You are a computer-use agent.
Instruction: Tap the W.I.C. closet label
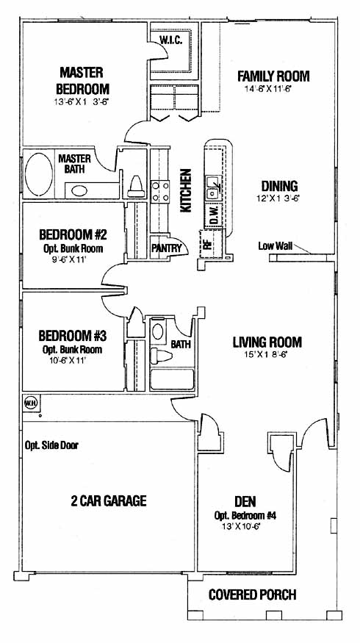click(171, 40)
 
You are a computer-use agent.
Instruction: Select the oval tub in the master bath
click(39, 174)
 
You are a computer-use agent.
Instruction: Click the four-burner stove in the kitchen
click(160, 192)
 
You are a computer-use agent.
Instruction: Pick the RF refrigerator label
click(207, 243)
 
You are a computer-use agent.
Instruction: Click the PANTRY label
click(167, 248)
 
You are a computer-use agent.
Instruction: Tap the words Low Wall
click(275, 246)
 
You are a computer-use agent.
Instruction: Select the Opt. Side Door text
click(51, 445)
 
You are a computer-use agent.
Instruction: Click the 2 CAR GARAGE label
click(109, 500)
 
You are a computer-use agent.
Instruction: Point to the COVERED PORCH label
click(252, 594)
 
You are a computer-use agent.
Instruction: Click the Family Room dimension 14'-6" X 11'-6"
click(267, 88)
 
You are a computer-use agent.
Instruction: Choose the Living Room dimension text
click(267, 354)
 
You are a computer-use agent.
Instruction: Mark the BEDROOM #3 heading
click(73, 337)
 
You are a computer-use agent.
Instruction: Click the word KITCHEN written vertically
click(186, 190)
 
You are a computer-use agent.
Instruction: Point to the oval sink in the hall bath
click(157, 331)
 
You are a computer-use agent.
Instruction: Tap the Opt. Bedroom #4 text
click(245, 515)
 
